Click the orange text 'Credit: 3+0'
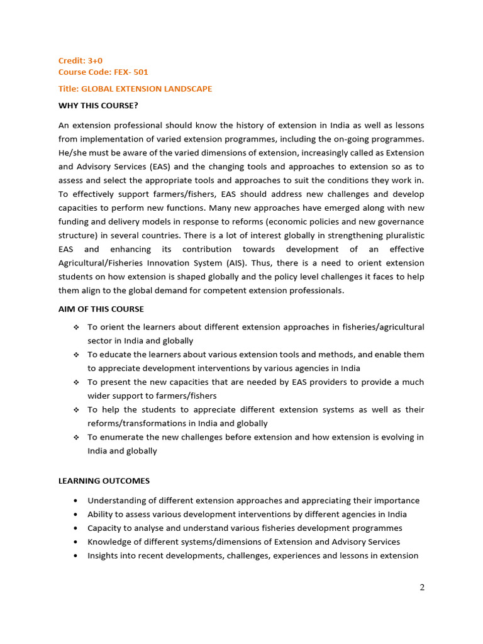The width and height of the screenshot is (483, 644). point(80,60)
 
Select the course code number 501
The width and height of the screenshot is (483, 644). point(141,72)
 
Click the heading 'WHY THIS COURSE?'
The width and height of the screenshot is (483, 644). point(97,105)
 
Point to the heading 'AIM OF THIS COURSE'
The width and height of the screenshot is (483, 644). point(101,309)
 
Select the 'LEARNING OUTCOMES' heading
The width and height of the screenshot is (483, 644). point(104,480)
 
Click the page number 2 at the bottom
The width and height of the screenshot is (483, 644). point(422,587)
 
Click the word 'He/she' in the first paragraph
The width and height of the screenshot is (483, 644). point(72,153)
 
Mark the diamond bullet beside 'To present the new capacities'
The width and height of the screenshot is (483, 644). point(75,382)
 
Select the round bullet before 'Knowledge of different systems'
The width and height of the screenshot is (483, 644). point(75,542)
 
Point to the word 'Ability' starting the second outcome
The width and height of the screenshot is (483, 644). point(100,514)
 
